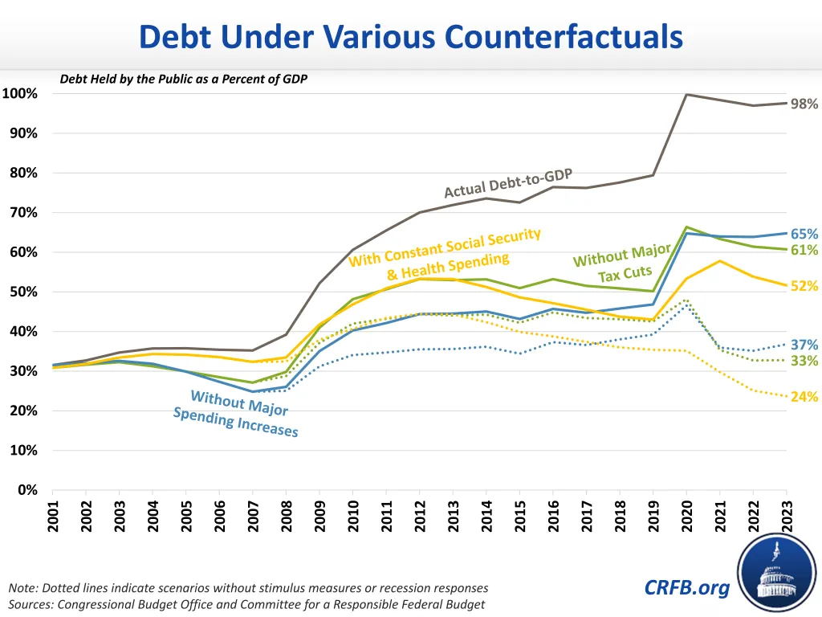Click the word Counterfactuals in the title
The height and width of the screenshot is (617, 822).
point(564,37)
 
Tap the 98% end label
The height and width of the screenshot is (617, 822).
point(804,104)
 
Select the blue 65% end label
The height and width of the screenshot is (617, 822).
point(804,234)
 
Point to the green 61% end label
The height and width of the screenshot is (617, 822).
point(804,250)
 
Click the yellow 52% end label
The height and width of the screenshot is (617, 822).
point(804,286)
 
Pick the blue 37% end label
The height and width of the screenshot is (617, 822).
point(804,345)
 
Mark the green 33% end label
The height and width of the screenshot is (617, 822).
point(804,361)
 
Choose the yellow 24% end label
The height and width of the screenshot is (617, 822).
point(804,397)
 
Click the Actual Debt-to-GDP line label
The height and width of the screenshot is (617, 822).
point(508,184)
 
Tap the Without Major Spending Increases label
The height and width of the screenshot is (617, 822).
point(237,414)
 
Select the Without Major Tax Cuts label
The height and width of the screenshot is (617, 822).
point(623,264)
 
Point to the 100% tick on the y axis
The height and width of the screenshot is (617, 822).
point(20,94)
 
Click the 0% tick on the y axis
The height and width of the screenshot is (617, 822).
point(27,490)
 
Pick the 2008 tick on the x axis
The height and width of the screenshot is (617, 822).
point(287,517)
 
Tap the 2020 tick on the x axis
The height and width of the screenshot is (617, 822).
point(687,517)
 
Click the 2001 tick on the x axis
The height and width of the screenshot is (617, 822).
point(53,517)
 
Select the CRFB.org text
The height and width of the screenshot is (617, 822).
point(687,587)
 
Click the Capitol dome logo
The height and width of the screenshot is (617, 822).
point(777,573)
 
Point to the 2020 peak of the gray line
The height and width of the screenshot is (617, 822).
point(687,95)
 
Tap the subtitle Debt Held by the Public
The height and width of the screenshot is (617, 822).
point(184,80)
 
